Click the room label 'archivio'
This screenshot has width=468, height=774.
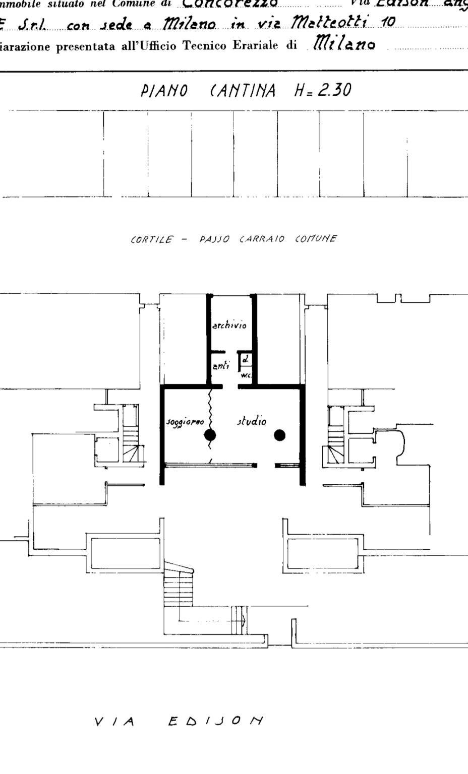point(229,326)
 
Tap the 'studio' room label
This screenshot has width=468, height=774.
point(252,421)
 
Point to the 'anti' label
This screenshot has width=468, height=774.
point(220,366)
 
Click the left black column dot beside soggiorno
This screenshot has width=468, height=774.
point(210,435)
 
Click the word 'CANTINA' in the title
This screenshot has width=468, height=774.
point(242,91)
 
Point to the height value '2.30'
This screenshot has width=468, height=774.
point(332,91)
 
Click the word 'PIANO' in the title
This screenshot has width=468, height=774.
point(164,92)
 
